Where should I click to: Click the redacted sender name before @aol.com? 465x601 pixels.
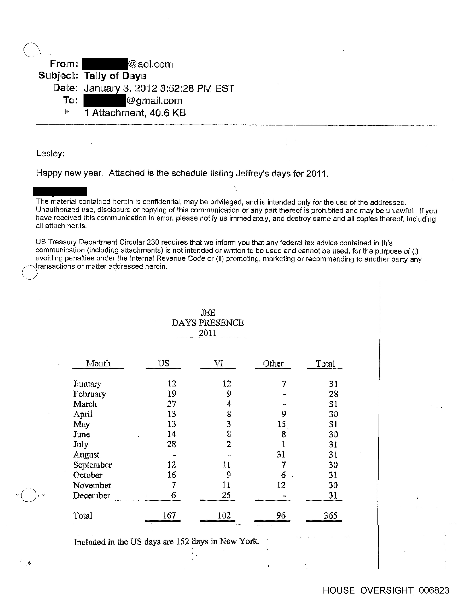105,64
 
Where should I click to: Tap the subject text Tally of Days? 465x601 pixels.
115,76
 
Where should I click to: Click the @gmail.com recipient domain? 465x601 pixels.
154,101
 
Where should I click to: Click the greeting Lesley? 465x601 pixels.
50,153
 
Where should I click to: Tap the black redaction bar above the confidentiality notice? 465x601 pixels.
60,191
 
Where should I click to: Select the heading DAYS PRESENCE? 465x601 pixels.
208,323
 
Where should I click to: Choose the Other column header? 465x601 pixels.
273,363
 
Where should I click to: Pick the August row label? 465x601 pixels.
86,455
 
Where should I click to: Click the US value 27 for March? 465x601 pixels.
172,404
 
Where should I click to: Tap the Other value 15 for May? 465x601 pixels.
281,424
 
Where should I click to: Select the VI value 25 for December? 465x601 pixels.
226,495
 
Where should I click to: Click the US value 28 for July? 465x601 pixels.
172,444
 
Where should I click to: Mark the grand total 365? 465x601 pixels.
330,515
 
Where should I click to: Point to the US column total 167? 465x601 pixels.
169,515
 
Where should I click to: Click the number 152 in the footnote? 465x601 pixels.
183,542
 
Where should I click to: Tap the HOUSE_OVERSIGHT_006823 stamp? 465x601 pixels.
386,590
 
